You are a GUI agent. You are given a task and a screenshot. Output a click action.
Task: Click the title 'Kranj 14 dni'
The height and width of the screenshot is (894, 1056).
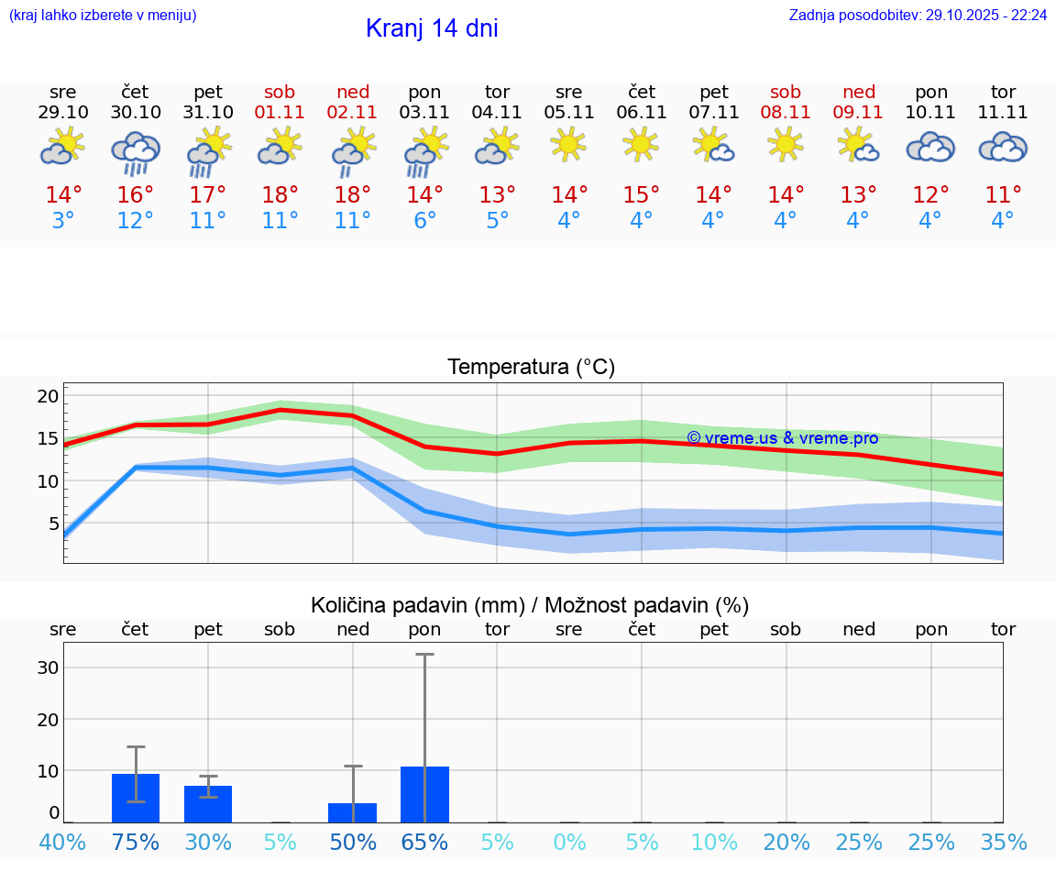click(x=432, y=28)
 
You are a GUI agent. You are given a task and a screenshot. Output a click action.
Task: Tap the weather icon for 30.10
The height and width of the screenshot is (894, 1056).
click(x=136, y=152)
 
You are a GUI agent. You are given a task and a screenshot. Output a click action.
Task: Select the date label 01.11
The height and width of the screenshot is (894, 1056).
click(x=280, y=113)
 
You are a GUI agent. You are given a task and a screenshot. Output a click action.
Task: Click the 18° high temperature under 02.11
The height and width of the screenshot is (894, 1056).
click(x=353, y=194)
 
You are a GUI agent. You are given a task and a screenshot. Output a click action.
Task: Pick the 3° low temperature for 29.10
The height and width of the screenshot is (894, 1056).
click(x=63, y=220)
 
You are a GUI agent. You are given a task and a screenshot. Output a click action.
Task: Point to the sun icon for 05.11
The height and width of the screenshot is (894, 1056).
click(x=568, y=145)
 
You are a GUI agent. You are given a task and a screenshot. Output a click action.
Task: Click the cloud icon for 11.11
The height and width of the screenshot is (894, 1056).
click(x=1003, y=147)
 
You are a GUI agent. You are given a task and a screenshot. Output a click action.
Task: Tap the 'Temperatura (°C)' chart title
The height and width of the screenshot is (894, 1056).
click(x=531, y=368)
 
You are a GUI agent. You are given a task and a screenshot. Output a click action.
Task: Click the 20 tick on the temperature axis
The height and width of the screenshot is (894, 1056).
click(x=48, y=396)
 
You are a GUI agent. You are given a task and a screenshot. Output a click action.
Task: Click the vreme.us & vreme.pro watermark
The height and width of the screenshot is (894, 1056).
click(x=782, y=438)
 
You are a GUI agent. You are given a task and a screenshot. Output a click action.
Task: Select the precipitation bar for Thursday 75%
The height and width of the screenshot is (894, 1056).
click(x=136, y=798)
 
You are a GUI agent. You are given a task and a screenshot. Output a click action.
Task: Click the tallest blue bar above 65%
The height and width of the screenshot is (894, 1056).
click(x=424, y=794)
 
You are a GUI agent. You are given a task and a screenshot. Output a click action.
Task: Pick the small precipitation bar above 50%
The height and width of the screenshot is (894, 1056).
click(x=353, y=812)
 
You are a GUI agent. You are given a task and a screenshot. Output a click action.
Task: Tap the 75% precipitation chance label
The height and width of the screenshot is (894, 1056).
click(x=136, y=842)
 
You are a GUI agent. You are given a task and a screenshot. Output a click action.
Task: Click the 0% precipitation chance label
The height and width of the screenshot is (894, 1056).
click(x=569, y=842)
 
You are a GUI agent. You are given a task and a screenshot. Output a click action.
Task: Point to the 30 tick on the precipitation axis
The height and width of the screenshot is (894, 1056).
click(x=48, y=668)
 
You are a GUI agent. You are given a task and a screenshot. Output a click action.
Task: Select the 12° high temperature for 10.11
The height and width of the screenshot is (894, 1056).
click(x=930, y=194)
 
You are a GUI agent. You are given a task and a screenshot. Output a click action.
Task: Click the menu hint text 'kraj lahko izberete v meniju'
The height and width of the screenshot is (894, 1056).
click(x=103, y=16)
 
